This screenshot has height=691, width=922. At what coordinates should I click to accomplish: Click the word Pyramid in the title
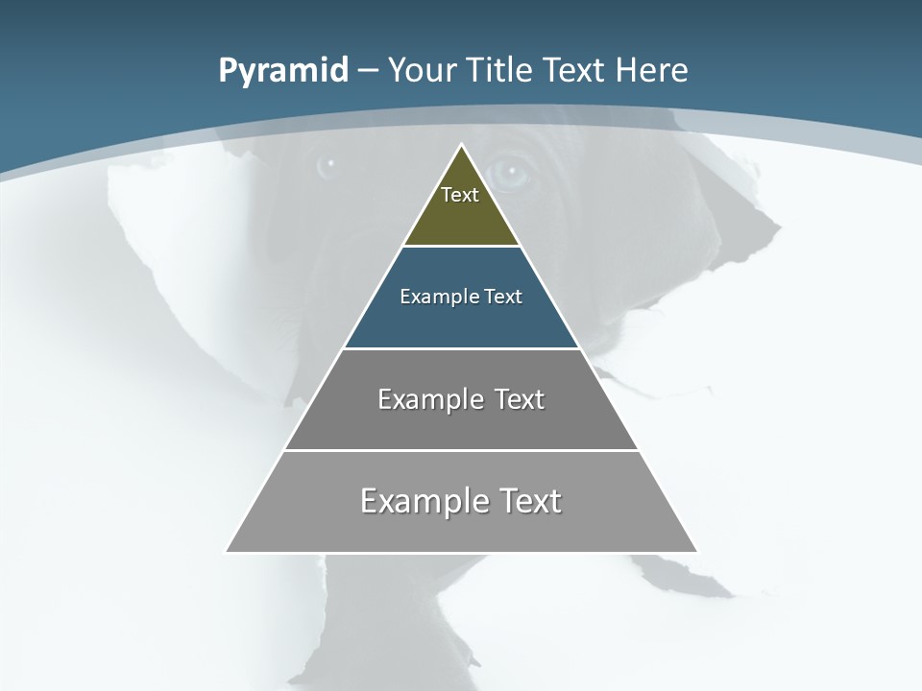[x=283, y=71]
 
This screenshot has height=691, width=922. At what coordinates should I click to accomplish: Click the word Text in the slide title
[x=575, y=70]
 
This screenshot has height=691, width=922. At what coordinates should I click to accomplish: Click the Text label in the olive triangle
[x=460, y=195]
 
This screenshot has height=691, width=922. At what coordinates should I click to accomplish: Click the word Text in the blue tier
[x=503, y=297]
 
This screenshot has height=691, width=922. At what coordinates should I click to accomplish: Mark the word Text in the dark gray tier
[x=520, y=399]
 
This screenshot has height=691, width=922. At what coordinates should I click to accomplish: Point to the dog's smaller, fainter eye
[x=328, y=164]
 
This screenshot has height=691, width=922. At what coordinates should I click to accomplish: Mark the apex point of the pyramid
[x=461, y=146]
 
